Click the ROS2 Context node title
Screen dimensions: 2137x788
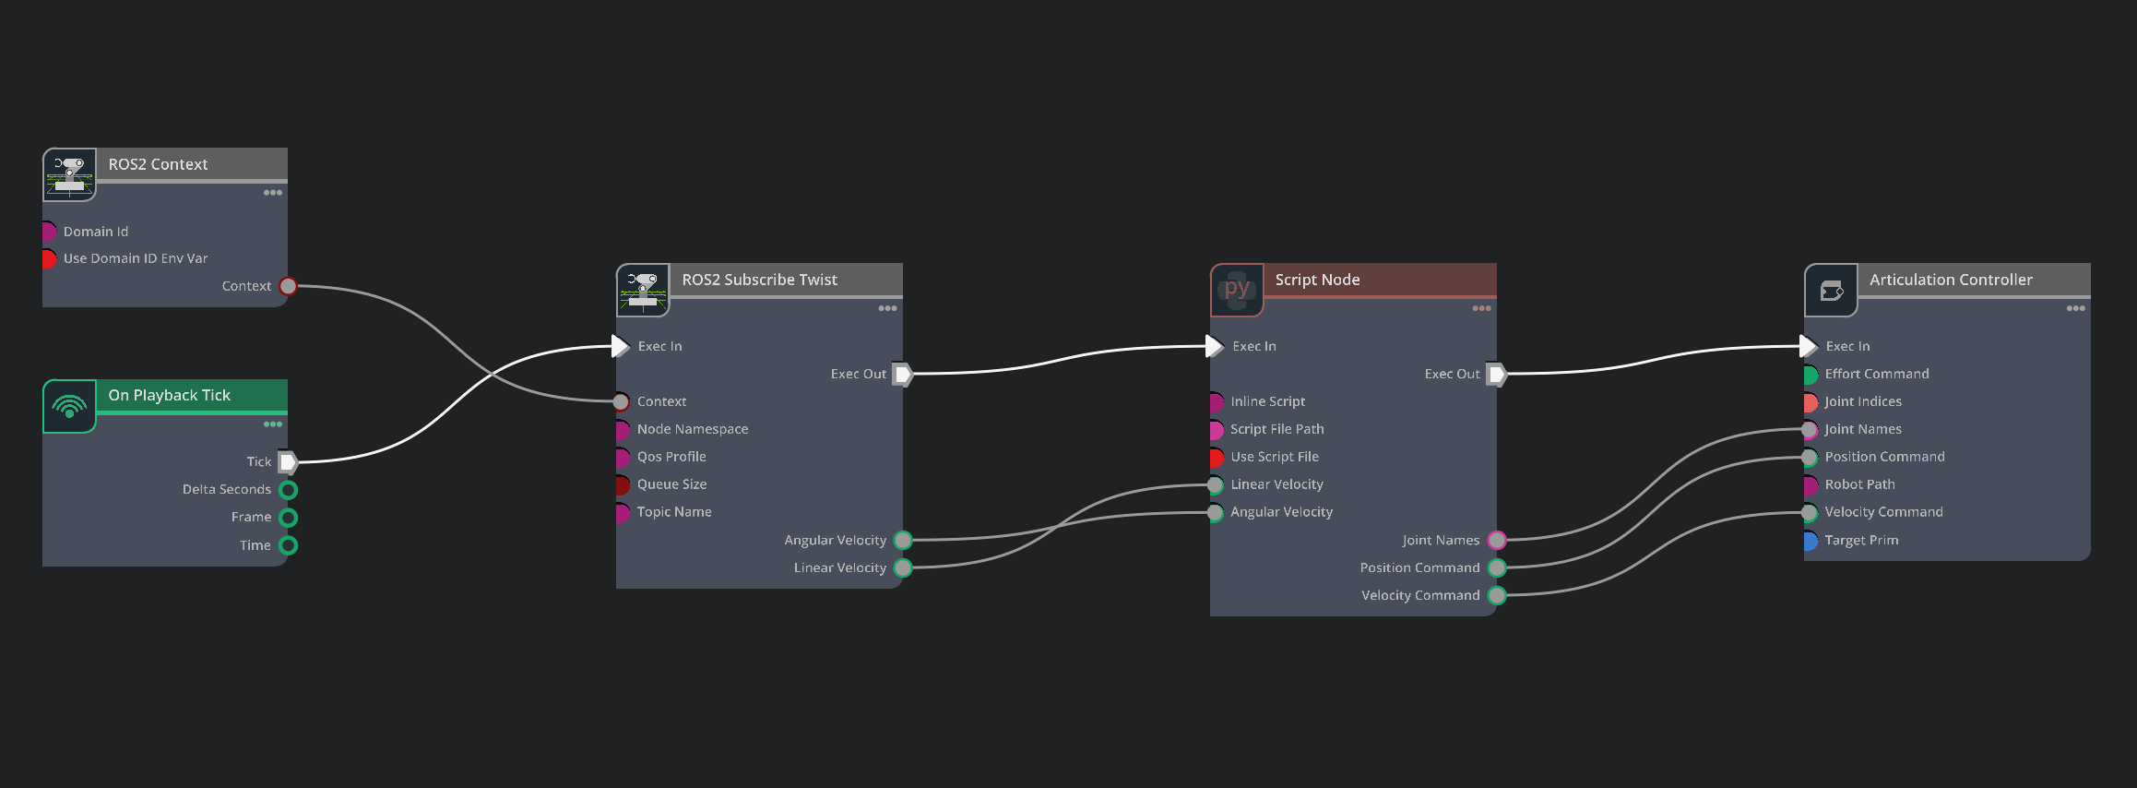(x=158, y=164)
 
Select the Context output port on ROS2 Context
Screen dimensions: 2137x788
(x=288, y=286)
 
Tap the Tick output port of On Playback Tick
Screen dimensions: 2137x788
(x=288, y=461)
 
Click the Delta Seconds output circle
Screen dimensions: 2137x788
(x=288, y=490)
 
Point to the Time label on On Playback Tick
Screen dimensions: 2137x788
(x=255, y=545)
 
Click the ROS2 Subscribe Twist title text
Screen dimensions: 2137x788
(x=759, y=280)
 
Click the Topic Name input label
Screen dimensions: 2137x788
(x=674, y=512)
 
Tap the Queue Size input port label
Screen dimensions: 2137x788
(x=671, y=484)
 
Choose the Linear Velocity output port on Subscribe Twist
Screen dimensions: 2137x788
(x=903, y=568)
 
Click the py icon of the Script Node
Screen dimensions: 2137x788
(x=1237, y=289)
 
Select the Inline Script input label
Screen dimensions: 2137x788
(x=1267, y=401)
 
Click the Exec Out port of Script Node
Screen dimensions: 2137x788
(x=1497, y=374)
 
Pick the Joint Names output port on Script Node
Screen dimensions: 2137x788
(x=1497, y=541)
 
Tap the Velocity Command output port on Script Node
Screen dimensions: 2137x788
(x=1497, y=596)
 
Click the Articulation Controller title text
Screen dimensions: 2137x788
(x=1951, y=280)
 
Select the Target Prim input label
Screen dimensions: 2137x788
(x=1861, y=541)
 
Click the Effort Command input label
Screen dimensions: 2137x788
(x=1877, y=374)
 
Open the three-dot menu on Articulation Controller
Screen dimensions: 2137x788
(x=2075, y=308)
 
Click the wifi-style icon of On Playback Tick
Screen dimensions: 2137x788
(x=69, y=406)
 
